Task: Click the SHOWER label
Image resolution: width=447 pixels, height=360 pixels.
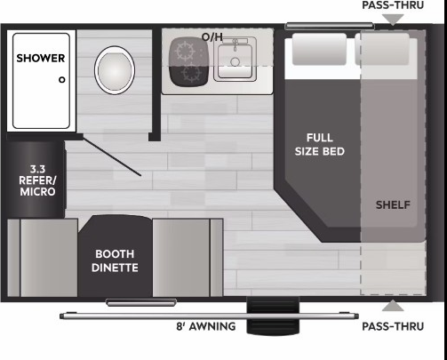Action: tap(41, 58)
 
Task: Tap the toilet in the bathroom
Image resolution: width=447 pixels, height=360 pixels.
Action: tap(115, 70)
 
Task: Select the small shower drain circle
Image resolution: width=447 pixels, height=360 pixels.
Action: tap(62, 80)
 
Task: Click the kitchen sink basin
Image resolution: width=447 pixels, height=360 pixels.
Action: tap(235, 60)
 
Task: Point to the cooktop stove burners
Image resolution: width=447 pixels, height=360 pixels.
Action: tap(188, 62)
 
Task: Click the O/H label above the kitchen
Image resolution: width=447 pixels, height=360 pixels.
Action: tap(212, 36)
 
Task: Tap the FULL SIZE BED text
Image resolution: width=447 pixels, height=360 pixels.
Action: tap(320, 145)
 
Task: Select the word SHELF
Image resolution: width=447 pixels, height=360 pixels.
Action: tap(393, 204)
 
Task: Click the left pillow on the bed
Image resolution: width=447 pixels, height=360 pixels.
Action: tap(319, 49)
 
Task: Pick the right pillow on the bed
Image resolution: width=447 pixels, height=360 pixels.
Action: tap(382, 49)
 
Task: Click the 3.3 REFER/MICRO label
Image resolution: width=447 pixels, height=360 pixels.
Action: tap(37, 180)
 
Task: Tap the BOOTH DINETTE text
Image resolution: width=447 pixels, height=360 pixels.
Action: tap(115, 260)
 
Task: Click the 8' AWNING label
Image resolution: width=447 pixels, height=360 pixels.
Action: tap(206, 326)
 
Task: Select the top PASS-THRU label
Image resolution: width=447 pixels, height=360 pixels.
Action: tap(393, 5)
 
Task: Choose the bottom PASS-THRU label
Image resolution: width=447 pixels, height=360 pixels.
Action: tap(393, 326)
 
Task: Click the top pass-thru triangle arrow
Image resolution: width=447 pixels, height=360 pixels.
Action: tap(393, 20)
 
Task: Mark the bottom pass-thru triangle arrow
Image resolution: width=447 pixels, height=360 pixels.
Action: tap(393, 306)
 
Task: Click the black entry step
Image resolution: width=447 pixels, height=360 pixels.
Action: tap(273, 316)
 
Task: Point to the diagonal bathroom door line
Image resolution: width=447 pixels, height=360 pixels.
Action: tap(112, 156)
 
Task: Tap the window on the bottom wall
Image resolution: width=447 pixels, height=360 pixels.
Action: tap(141, 302)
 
